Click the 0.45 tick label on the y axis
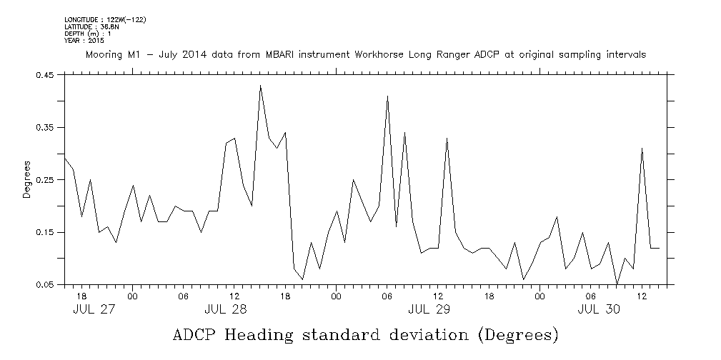pos(46,74)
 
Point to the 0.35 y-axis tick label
pos(46,127)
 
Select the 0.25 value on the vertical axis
pos(46,180)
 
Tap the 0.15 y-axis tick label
pos(46,232)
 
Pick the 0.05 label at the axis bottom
pos(46,285)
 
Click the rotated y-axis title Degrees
pos(26,180)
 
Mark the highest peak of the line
pos(260,86)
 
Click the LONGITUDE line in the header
pos(105,19)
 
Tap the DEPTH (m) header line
pos(86,34)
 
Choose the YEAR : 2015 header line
pos(84,41)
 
